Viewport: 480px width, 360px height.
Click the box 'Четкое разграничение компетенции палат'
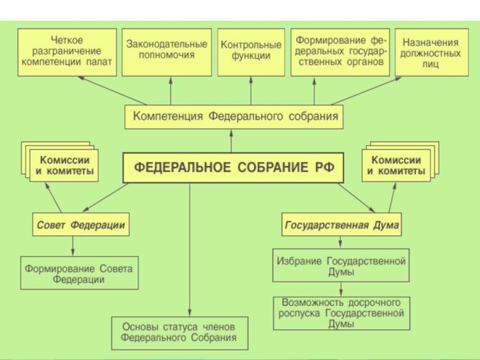[67, 52]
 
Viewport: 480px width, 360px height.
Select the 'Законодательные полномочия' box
[167, 52]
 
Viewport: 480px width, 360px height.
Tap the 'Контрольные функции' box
[251, 52]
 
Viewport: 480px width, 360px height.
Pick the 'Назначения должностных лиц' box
[431, 52]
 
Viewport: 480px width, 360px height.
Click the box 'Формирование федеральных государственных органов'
[340, 52]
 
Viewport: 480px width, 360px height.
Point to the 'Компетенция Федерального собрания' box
[234, 117]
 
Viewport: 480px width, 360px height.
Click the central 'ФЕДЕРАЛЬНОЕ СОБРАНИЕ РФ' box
[233, 168]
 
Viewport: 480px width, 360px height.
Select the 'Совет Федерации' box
[81, 224]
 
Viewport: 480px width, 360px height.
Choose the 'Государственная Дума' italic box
[341, 224]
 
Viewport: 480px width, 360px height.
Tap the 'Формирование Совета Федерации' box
[79, 273]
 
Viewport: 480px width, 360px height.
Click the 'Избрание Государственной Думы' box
[341, 265]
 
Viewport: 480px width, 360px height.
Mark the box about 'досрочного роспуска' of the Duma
[341, 313]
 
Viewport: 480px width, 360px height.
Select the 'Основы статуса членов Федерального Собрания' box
[179, 333]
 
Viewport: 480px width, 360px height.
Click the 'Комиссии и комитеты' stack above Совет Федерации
[60, 161]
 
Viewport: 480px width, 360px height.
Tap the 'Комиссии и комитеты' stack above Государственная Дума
[400, 161]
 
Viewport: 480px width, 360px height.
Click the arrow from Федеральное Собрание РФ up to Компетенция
[231, 141]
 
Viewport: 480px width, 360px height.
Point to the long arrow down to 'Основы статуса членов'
[190, 250]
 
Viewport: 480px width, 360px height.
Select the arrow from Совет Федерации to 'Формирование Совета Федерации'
[73, 246]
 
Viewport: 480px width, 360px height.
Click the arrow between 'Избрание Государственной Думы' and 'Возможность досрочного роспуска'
[341, 289]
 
